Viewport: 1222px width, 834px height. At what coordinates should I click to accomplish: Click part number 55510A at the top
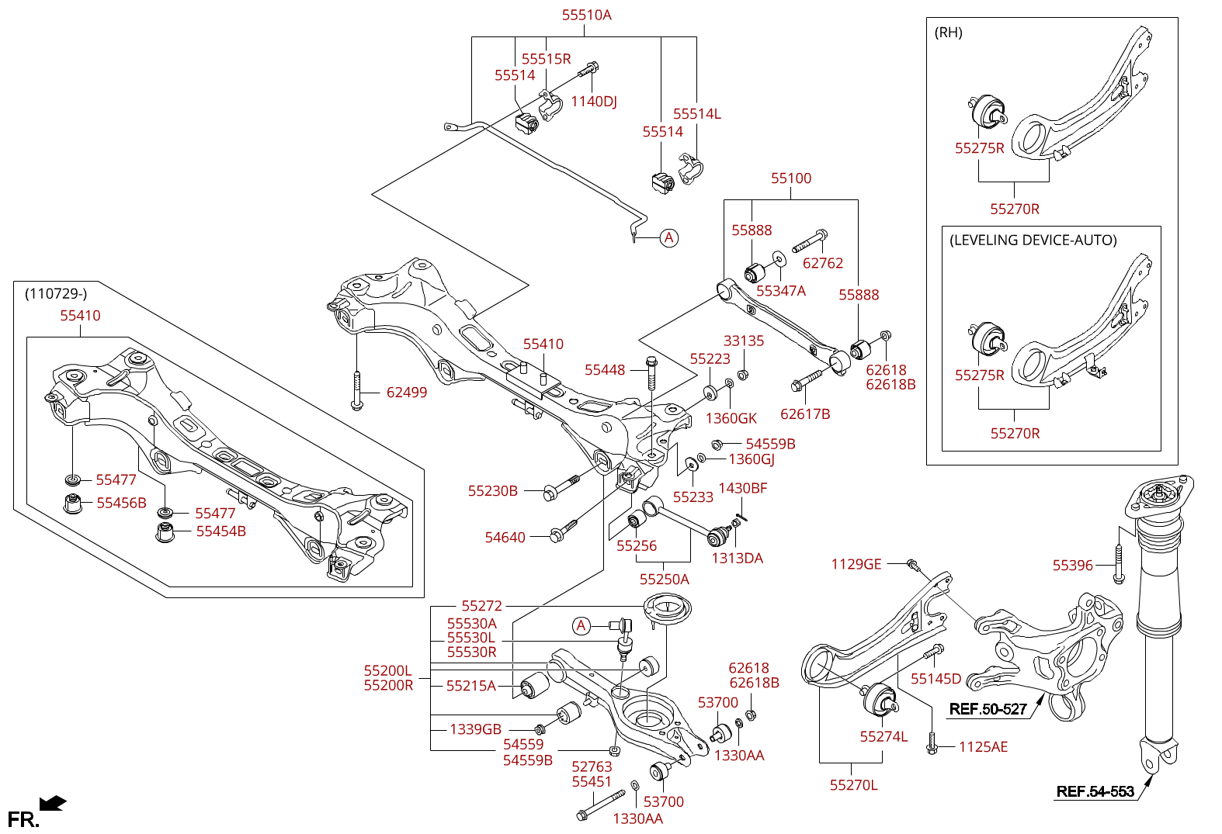(586, 15)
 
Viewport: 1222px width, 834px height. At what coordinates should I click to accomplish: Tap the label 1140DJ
(593, 102)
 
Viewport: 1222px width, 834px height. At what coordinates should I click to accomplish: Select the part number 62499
(407, 393)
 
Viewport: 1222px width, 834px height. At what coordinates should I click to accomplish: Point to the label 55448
(605, 370)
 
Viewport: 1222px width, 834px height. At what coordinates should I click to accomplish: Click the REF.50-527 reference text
(988, 709)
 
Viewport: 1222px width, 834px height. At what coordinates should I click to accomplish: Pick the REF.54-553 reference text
(1095, 791)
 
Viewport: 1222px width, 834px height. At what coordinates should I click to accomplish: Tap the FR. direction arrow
(53, 804)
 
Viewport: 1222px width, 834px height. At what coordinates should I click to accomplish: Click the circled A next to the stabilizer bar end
(668, 238)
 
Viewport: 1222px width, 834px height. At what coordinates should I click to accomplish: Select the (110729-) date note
(56, 293)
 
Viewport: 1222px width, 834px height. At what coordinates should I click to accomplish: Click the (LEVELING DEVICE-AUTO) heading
(1033, 241)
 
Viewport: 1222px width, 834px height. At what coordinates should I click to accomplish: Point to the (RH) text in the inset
(948, 33)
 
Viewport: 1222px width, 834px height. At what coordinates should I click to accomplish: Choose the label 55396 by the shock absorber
(1072, 566)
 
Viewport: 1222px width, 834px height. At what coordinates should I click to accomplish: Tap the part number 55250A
(664, 580)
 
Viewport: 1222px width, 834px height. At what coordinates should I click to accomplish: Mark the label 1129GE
(856, 564)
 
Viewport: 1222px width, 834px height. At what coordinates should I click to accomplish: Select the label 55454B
(220, 531)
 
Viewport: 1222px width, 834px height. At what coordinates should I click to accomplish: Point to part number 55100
(790, 178)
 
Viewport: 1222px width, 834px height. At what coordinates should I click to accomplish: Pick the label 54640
(505, 538)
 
